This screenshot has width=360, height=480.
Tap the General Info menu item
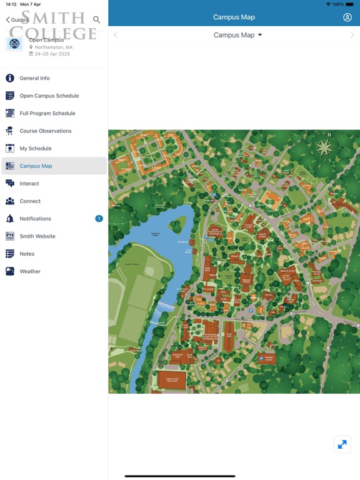35,78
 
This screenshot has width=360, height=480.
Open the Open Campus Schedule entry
49,96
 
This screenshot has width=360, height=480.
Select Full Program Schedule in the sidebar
47,113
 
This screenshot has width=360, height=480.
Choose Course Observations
45,131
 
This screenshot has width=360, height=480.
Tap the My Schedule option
36,148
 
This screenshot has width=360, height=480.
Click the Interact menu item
29,184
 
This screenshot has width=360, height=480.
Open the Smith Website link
37,236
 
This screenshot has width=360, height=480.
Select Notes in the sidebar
27,254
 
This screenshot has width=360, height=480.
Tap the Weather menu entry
30,271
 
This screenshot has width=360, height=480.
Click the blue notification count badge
99,219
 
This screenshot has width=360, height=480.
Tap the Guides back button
17,20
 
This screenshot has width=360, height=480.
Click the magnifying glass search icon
96,20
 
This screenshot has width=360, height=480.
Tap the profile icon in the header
347,17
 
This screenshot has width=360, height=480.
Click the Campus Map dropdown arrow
260,35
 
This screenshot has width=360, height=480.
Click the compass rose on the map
324,147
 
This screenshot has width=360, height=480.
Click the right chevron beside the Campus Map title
352,35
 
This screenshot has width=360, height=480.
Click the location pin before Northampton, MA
31,47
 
